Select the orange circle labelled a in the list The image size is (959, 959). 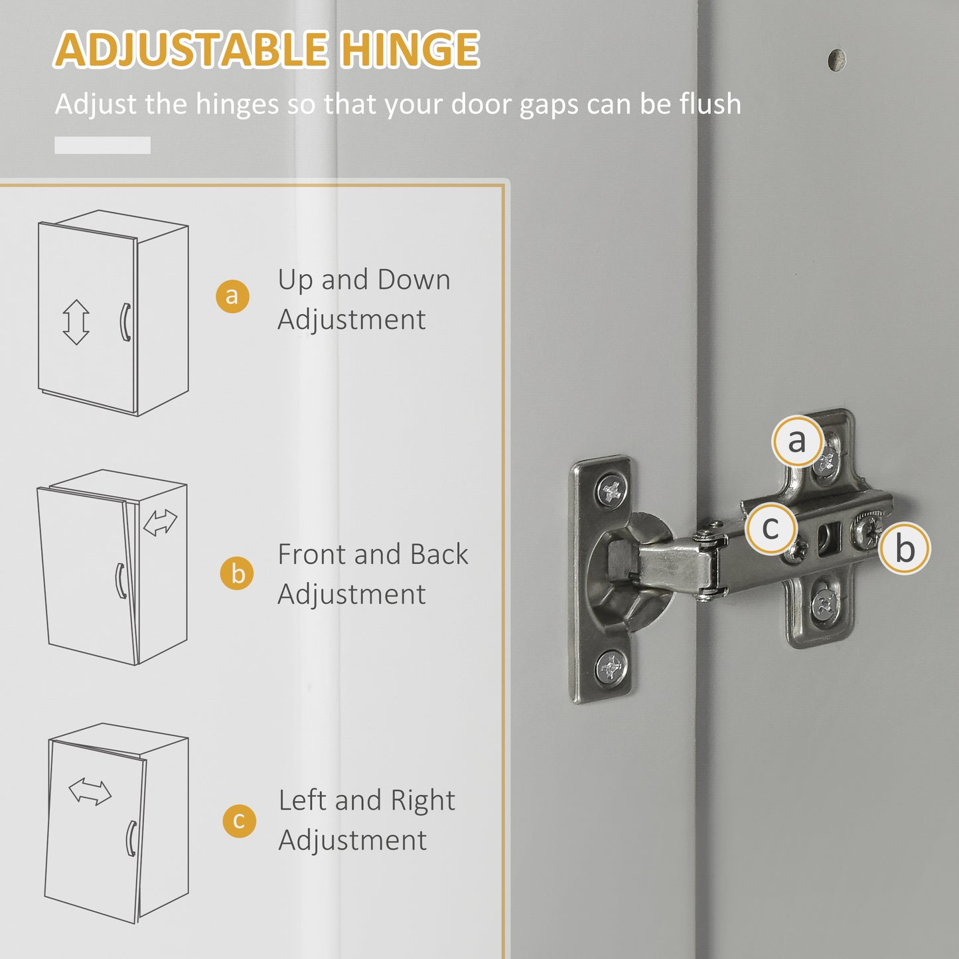(x=232, y=295)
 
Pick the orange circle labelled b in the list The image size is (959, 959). (x=237, y=573)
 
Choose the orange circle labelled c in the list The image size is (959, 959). (x=239, y=820)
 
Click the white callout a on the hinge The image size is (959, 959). (x=797, y=440)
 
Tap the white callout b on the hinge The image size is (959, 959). (x=905, y=548)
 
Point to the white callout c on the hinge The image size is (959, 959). (x=770, y=528)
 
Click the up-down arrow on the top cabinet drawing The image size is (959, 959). (x=76, y=322)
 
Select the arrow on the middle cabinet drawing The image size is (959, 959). (x=160, y=522)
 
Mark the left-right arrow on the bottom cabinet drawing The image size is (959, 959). (x=90, y=791)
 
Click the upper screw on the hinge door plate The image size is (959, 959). (x=611, y=490)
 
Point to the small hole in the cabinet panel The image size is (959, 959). (x=837, y=60)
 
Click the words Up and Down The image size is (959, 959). (x=364, y=280)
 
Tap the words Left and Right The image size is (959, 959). (x=366, y=800)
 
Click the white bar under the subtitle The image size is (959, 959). (x=102, y=145)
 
